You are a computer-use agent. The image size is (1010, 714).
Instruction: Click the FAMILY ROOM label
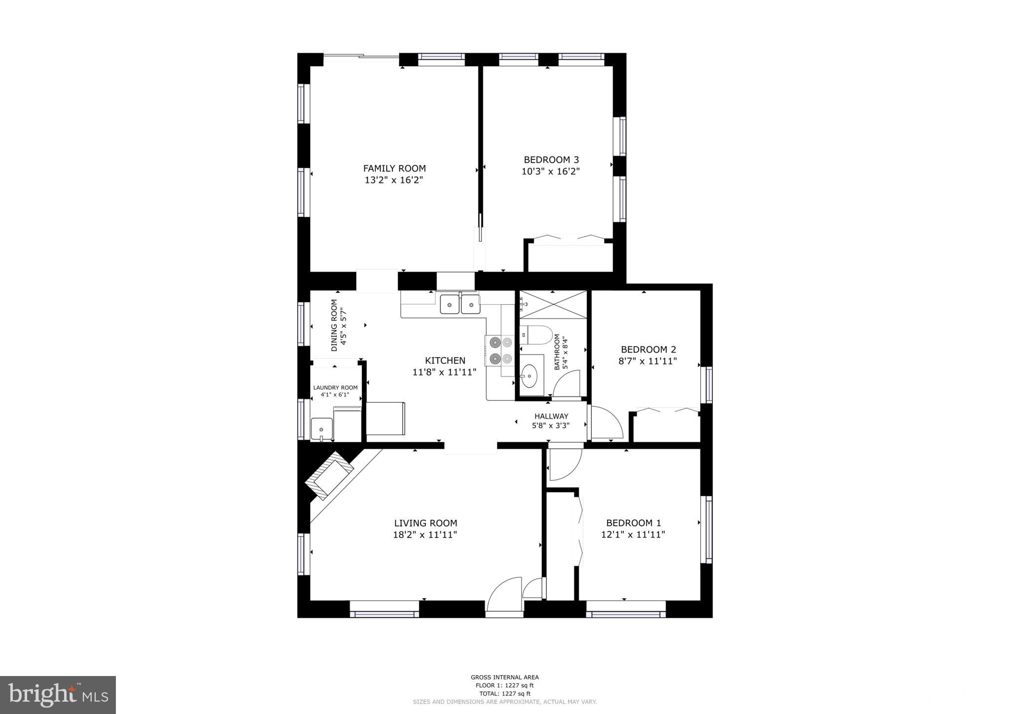[x=394, y=169]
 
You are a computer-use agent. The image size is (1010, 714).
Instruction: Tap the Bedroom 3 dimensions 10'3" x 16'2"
[x=550, y=172]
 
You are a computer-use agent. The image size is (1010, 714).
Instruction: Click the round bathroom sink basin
[x=530, y=376]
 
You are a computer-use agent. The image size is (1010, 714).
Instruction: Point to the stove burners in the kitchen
[x=501, y=350]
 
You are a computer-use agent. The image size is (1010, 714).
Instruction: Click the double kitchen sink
[x=460, y=304]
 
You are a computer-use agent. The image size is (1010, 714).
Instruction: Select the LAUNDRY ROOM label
[x=335, y=388]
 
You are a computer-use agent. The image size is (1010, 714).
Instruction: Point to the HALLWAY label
[x=551, y=416]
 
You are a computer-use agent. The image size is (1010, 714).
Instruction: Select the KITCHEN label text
[x=445, y=360]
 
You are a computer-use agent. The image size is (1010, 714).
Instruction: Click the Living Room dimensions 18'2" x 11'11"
[x=425, y=535]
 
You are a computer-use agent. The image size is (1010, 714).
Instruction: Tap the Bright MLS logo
[x=58, y=695]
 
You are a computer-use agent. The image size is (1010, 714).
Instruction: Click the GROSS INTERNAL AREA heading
[x=505, y=678]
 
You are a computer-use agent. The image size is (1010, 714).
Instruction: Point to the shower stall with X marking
[x=553, y=305]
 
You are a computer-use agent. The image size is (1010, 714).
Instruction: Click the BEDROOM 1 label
[x=633, y=523]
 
